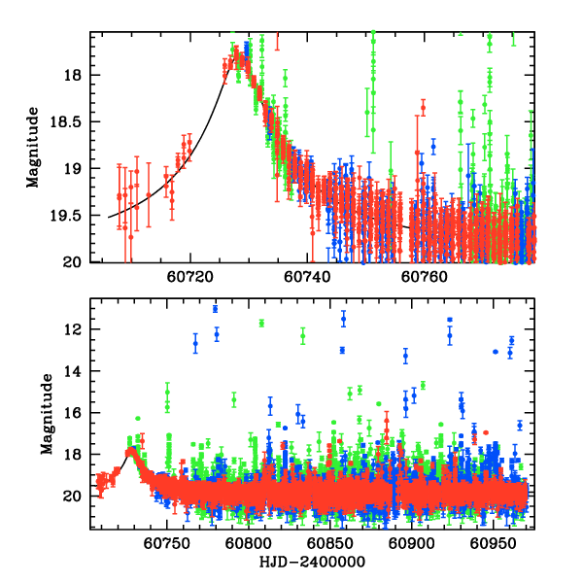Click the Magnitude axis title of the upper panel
pos(35,149)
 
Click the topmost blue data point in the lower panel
pos(215,308)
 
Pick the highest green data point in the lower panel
pos(261,323)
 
